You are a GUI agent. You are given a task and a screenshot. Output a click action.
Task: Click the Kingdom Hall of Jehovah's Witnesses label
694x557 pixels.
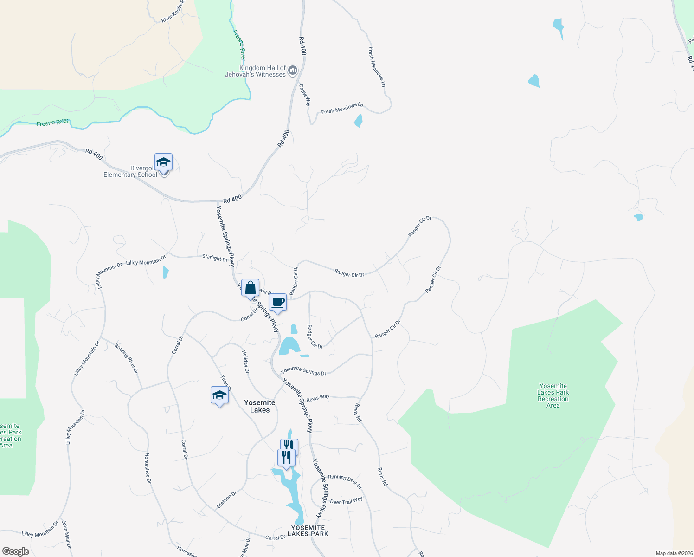click(255, 71)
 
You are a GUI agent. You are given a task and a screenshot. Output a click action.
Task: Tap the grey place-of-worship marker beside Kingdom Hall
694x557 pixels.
click(293, 71)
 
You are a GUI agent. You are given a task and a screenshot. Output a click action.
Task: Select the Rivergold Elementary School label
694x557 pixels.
click(130, 172)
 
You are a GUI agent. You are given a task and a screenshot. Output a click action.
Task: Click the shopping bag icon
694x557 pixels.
click(250, 288)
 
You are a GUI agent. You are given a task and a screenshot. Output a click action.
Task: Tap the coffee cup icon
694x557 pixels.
click(278, 303)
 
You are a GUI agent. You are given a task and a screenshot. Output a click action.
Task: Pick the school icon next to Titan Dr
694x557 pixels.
click(219, 395)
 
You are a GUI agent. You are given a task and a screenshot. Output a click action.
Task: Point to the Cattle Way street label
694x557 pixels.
click(304, 95)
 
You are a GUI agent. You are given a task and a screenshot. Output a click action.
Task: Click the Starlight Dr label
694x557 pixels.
click(215, 258)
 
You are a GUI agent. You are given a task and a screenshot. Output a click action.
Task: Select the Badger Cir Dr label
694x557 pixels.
click(315, 337)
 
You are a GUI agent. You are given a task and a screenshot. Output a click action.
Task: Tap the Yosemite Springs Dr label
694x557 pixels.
click(303, 370)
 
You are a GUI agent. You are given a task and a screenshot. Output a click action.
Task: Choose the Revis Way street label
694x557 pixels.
click(318, 398)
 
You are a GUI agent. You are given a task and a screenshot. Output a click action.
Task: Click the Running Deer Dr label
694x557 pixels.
click(345, 481)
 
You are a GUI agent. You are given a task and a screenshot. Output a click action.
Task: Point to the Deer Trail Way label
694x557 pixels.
click(346, 501)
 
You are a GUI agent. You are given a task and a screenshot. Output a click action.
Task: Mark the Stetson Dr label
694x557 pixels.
click(227, 499)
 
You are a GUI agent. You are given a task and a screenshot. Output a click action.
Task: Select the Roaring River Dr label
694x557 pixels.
click(127, 358)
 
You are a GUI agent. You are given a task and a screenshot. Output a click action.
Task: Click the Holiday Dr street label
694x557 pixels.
click(246, 362)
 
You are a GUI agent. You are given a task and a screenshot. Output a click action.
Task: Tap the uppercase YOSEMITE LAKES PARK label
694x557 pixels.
click(308, 531)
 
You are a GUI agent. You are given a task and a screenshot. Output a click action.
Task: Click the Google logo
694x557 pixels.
click(15, 551)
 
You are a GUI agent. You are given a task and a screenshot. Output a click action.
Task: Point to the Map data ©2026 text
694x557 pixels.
click(673, 553)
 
